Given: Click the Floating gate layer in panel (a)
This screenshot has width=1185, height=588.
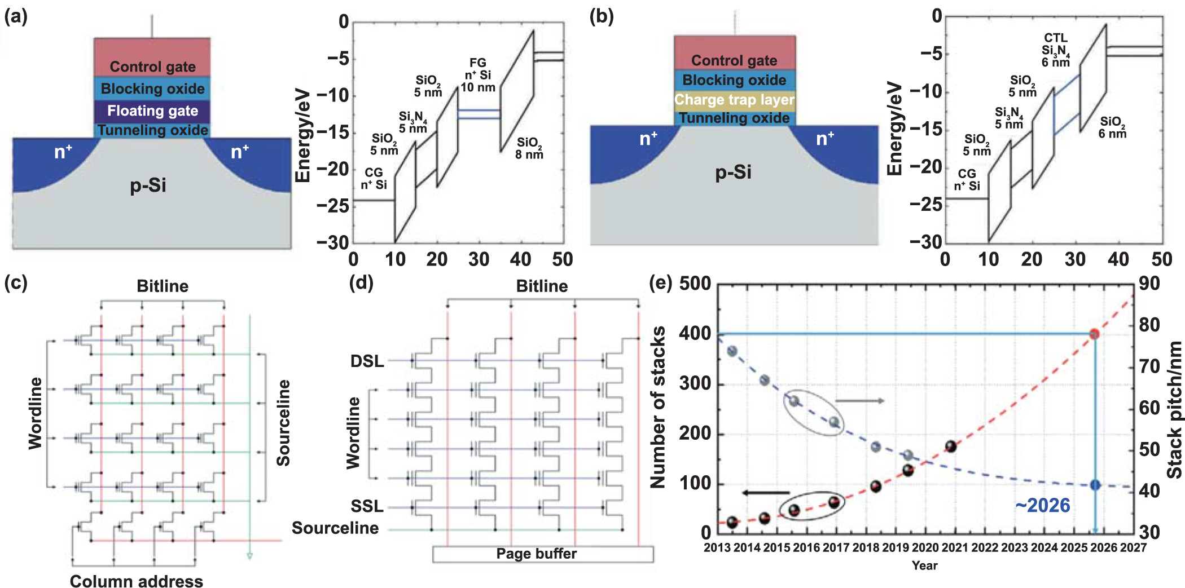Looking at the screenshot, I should (152, 110).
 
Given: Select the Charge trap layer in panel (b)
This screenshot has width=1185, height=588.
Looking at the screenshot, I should (734, 100).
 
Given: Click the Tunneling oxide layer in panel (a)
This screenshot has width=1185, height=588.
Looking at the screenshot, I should (152, 130).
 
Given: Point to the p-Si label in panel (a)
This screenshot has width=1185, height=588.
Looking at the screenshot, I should (148, 185).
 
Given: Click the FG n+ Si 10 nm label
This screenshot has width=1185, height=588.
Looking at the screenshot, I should (478, 75).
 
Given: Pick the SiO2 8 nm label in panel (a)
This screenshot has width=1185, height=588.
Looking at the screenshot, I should (529, 148).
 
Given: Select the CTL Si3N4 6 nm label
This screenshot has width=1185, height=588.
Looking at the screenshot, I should (1055, 50).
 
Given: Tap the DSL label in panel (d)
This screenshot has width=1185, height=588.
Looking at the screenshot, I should (367, 361).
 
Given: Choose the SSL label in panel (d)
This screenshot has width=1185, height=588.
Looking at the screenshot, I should (367, 506).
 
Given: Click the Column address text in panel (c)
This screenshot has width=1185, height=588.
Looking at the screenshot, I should (136, 581).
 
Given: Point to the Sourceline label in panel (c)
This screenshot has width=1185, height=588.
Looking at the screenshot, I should (283, 423).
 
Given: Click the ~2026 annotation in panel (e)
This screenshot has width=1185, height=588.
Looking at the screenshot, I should (1042, 505).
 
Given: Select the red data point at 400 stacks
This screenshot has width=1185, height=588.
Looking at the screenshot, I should (1094, 334).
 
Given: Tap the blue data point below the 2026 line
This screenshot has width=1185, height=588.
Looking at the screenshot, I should (1095, 485).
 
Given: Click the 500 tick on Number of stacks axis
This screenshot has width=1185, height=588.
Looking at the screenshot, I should (695, 284).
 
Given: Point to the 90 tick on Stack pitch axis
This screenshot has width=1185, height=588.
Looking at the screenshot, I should (1149, 284).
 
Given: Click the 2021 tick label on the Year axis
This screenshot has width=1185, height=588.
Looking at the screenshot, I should (955, 547).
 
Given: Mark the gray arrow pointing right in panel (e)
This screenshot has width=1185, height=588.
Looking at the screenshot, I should (859, 401).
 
